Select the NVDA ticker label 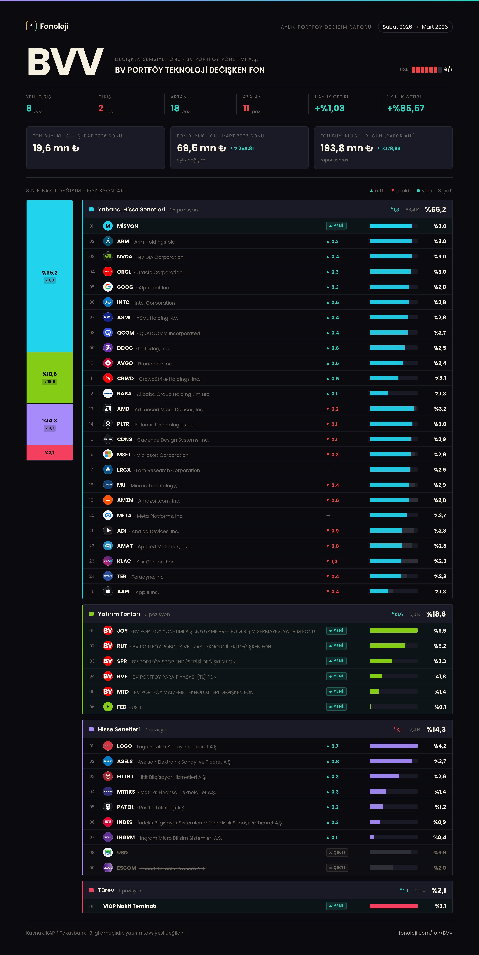(125, 257)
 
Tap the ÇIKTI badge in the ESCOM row (337, 868)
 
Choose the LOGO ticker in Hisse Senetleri (124, 746)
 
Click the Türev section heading (106, 890)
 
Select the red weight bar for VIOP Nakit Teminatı (393, 906)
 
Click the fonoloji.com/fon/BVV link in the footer (426, 933)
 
